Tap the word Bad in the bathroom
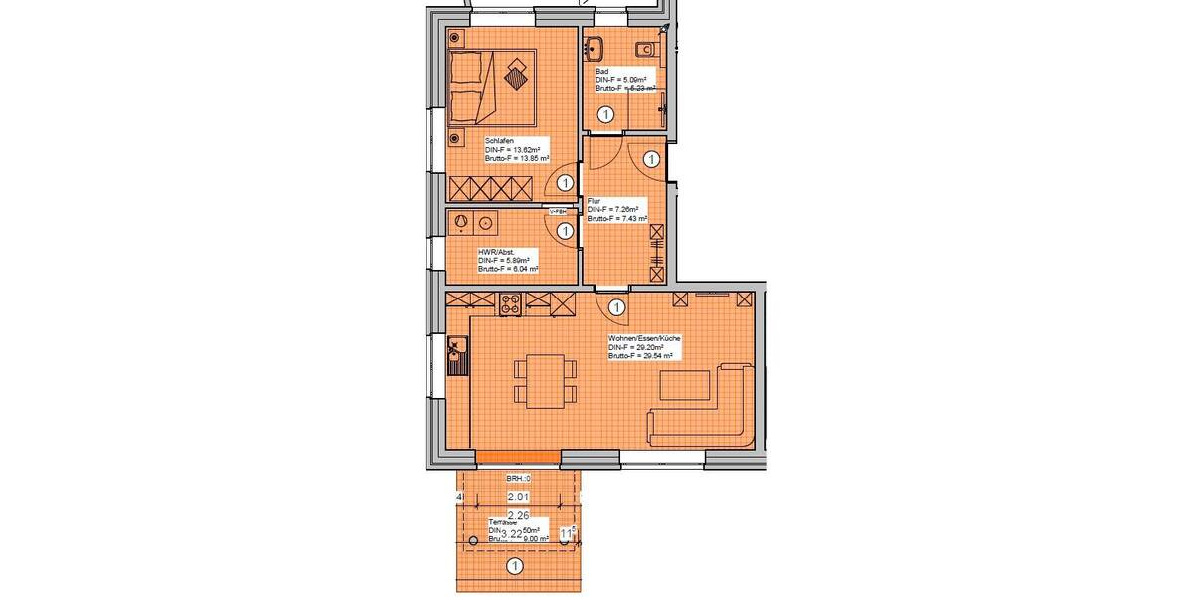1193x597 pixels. click(x=601, y=71)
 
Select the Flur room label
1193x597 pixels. click(x=594, y=201)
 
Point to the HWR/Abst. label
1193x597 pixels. click(x=496, y=252)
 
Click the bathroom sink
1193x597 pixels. click(x=596, y=48)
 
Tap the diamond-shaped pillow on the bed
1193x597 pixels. click(x=517, y=73)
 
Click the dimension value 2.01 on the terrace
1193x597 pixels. click(x=517, y=497)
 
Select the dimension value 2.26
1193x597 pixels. click(x=518, y=514)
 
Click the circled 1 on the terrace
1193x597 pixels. click(x=515, y=568)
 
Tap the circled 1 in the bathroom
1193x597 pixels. click(x=604, y=116)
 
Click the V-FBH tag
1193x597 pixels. click(x=557, y=212)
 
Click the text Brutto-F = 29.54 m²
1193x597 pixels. click(x=642, y=355)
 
